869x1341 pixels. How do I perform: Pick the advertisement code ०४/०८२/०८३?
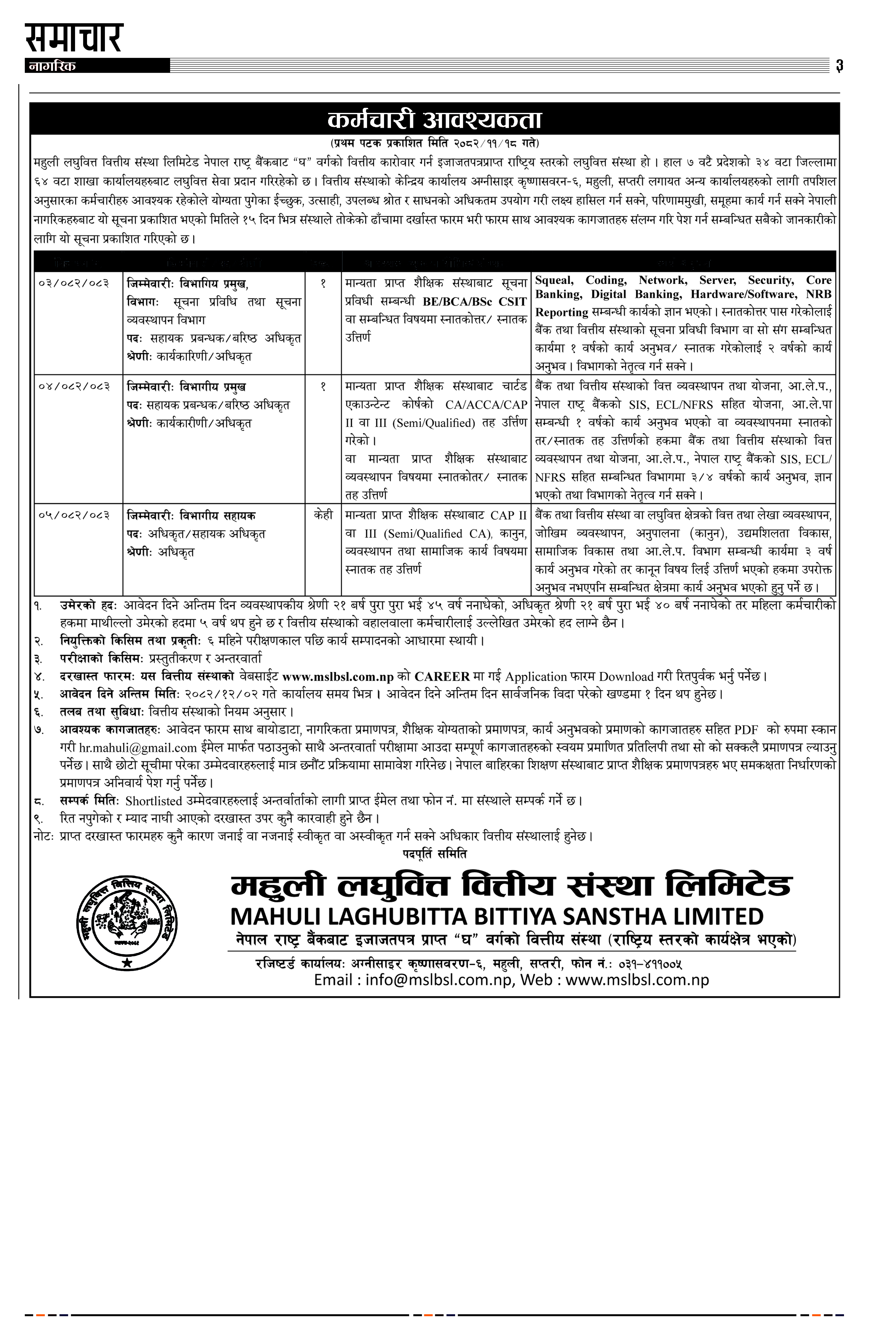[74, 386]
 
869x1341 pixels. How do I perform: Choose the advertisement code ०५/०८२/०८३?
[74, 515]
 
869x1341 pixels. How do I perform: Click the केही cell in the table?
[323, 515]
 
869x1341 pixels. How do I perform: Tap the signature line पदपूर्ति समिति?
[434, 854]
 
